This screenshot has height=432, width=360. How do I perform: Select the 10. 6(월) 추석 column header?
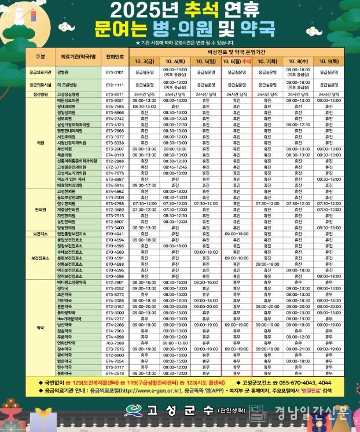(238, 61)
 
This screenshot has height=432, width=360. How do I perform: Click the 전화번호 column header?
(115, 57)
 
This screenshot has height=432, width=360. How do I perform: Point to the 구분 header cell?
(40, 57)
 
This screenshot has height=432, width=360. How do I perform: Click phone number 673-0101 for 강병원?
(115, 72)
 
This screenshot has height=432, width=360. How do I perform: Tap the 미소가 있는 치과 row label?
(71, 180)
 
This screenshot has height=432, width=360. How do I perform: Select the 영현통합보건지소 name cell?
(71, 234)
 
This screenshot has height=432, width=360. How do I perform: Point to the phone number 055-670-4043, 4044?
(305, 383)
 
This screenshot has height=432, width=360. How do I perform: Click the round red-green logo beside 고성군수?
(133, 412)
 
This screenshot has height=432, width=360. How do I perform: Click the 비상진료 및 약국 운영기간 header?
(238, 52)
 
